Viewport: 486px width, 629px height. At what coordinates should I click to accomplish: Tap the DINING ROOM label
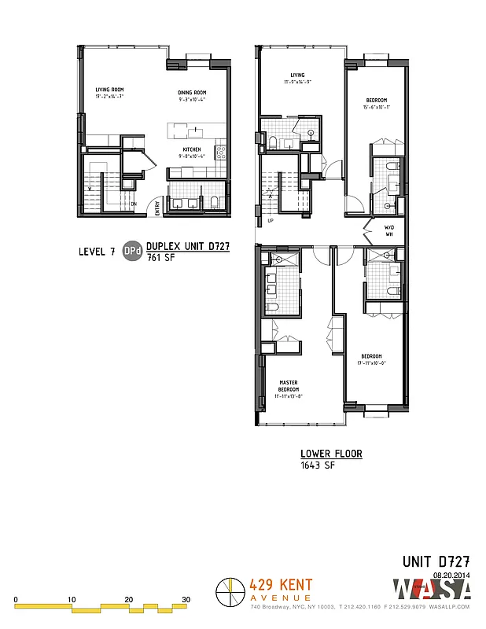click(x=191, y=91)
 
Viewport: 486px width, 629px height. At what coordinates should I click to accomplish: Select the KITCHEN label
click(x=192, y=150)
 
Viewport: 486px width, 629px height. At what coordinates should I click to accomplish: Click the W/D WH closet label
click(x=388, y=232)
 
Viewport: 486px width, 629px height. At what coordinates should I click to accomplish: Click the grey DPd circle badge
click(x=133, y=252)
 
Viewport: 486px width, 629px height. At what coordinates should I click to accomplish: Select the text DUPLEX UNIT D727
click(x=188, y=246)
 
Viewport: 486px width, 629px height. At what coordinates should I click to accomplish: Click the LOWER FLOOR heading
click(x=331, y=454)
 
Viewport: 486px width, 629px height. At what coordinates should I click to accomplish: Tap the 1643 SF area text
click(x=318, y=465)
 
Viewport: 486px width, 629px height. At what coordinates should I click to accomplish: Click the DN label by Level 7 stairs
click(x=134, y=204)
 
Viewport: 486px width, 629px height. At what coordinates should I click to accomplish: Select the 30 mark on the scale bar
click(x=186, y=600)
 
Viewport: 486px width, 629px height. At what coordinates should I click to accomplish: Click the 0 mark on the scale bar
click(x=16, y=600)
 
